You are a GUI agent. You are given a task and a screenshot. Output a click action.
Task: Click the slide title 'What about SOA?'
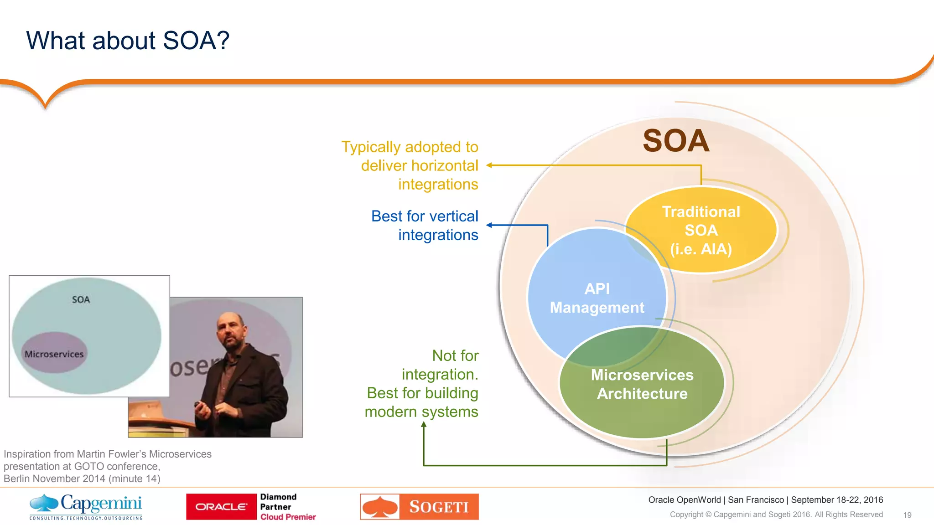click(x=128, y=41)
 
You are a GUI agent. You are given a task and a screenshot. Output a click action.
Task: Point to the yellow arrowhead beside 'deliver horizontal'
click(x=489, y=165)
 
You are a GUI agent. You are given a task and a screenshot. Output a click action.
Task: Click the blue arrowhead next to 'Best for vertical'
click(x=489, y=225)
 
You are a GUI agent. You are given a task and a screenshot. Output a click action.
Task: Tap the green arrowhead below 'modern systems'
click(x=424, y=425)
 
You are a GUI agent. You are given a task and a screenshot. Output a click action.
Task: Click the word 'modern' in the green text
click(x=391, y=412)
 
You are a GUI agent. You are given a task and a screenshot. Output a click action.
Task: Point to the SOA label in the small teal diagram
click(x=81, y=299)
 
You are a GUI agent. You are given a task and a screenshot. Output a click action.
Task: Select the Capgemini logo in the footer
click(x=86, y=506)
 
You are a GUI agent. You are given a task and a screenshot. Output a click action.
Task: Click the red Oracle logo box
click(x=221, y=507)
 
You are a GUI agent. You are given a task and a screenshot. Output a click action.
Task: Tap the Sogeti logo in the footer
click(x=419, y=507)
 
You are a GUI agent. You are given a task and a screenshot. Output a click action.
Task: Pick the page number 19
click(x=907, y=515)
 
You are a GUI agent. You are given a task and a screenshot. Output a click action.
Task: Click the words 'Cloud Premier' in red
click(x=288, y=517)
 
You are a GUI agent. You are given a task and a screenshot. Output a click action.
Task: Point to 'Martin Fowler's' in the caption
click(x=112, y=454)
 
